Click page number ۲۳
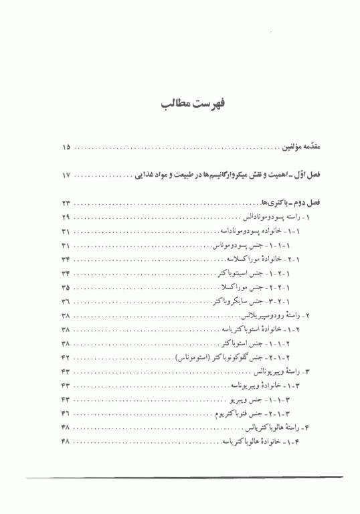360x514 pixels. point(66,203)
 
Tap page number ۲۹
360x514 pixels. point(66,218)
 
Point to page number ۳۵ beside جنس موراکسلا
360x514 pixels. point(66,286)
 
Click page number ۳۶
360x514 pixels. point(66,301)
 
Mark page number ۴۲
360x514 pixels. point(66,357)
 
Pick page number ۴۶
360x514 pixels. point(66,414)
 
